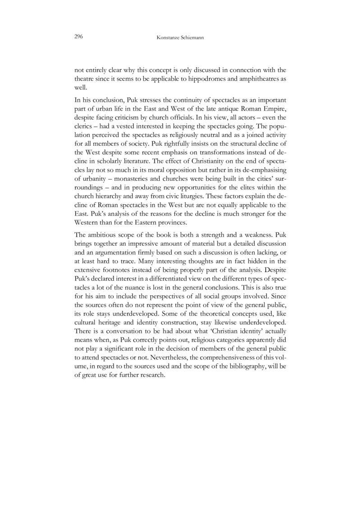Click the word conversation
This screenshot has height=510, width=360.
click(120, 330)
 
